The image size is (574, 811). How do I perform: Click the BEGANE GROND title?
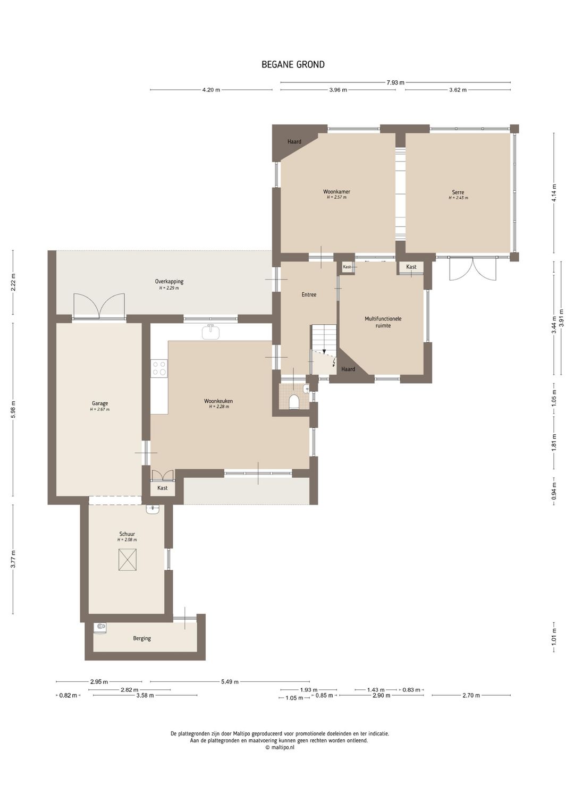click(x=293, y=64)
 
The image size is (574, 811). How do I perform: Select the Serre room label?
click(x=458, y=192)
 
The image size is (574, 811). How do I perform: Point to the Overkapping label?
click(x=169, y=281)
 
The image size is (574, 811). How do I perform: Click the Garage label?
click(x=99, y=403)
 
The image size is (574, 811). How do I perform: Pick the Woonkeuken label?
click(x=218, y=401)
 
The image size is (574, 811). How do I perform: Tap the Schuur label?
click(x=127, y=534)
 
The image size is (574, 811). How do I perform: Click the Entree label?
click(x=309, y=294)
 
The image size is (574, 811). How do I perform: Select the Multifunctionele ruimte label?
click(x=383, y=322)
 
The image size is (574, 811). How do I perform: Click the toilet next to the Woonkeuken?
click(x=294, y=402)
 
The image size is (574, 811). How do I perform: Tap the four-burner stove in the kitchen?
click(x=159, y=368)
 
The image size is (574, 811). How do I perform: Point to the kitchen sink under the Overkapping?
click(x=211, y=332)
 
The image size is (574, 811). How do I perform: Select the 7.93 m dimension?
click(x=395, y=82)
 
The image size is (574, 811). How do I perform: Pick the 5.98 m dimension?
click(x=13, y=409)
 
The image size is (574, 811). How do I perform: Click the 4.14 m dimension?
click(x=554, y=192)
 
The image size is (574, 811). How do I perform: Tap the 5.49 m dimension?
click(x=230, y=682)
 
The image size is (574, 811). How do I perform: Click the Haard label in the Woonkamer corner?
click(x=294, y=141)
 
